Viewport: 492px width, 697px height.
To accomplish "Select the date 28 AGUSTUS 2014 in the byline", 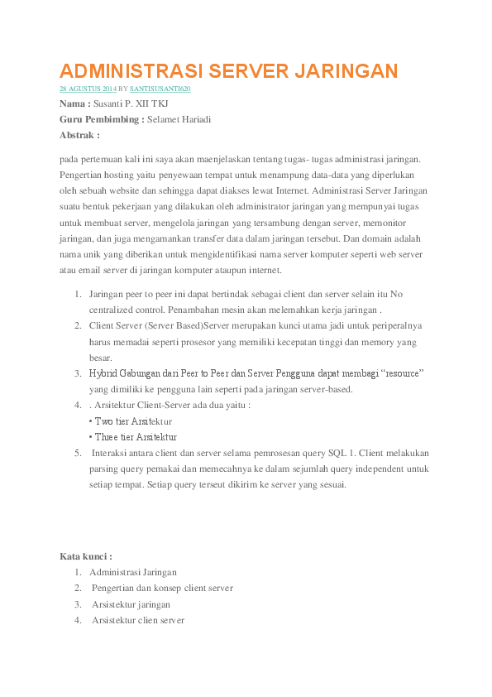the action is point(86,88).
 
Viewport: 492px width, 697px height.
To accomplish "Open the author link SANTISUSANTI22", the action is point(161,88).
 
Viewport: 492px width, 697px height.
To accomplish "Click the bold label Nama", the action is point(73,104).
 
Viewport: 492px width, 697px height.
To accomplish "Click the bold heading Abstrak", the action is point(78,134).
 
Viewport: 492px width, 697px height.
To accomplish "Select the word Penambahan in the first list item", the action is point(194,310).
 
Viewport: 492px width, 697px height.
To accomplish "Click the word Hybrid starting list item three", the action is point(103,373).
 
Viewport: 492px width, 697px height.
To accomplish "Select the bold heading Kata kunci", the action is point(85,556).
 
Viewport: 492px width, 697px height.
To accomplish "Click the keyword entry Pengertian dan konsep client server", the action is point(162,588).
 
